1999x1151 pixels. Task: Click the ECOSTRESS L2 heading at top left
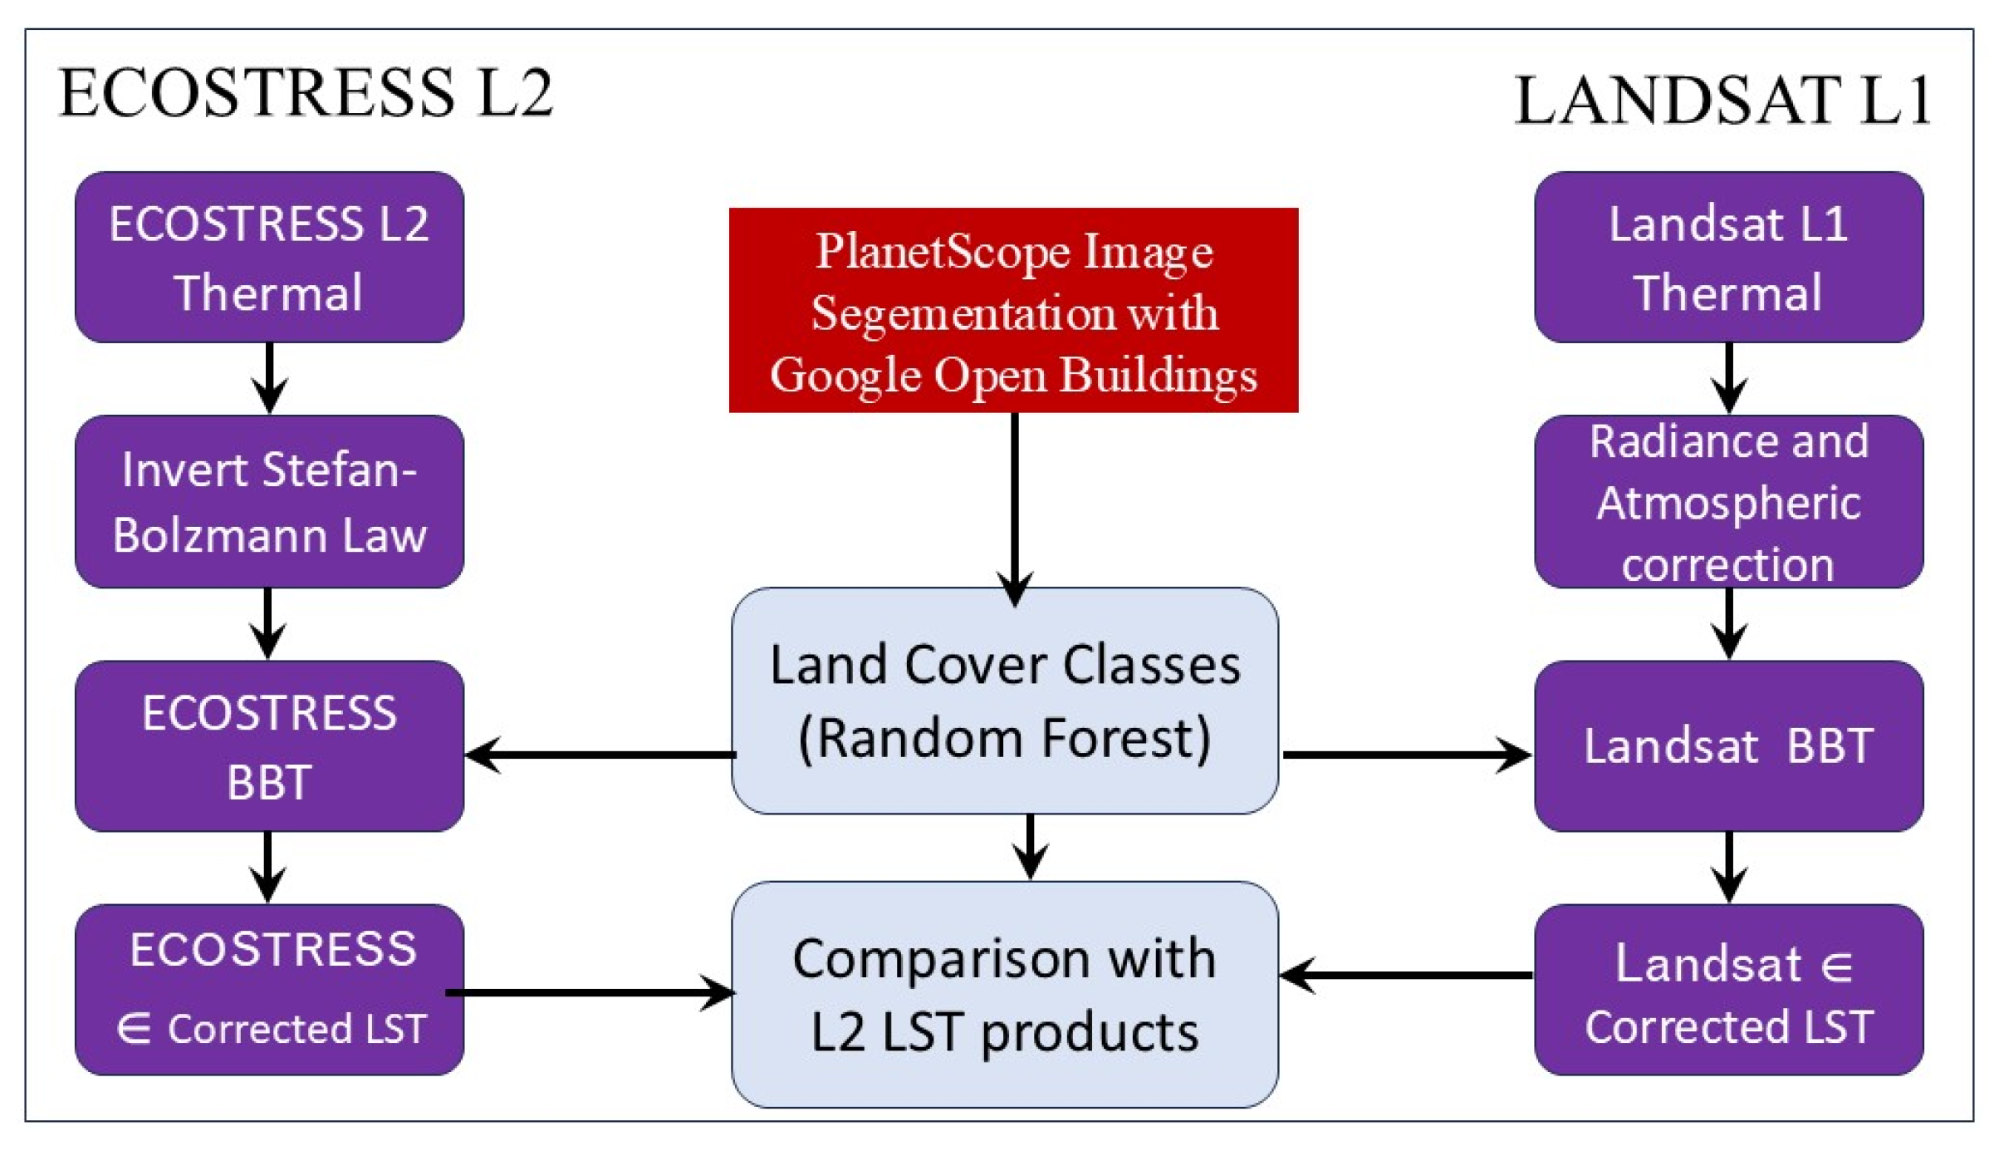click(305, 93)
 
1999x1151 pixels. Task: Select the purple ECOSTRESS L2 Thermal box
click(269, 258)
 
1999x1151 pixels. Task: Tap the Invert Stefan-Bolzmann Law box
click(269, 502)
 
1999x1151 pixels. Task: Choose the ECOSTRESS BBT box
click(269, 746)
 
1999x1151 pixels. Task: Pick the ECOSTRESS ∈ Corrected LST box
click(269, 989)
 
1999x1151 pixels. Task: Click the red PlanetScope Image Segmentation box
click(1013, 310)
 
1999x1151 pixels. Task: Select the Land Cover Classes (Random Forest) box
click(1005, 701)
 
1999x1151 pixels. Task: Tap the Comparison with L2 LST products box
click(1005, 994)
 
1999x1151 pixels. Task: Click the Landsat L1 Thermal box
click(1728, 258)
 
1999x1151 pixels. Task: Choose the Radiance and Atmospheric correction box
click(1728, 502)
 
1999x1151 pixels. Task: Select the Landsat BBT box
click(1728, 746)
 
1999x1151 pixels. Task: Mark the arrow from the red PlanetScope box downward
click(1014, 507)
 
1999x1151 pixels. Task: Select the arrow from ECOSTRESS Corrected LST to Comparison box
click(590, 992)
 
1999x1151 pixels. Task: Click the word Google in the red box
click(845, 376)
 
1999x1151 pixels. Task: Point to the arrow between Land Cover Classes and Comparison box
click(1030, 846)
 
